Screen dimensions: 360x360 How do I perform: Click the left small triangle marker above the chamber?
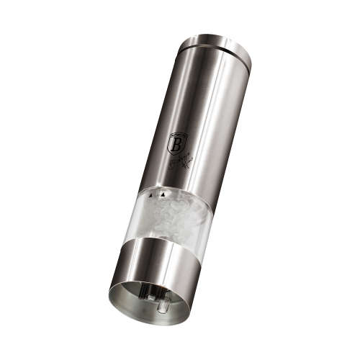click(x=151, y=193)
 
